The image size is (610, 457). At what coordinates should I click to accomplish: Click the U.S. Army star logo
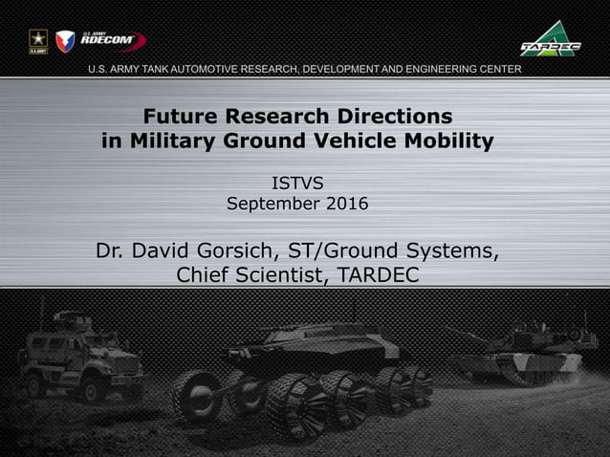tap(38, 41)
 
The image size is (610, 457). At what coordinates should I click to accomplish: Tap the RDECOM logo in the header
tap(112, 41)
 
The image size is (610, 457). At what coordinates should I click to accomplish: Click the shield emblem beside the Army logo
tap(65, 41)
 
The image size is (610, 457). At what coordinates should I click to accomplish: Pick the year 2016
tap(347, 204)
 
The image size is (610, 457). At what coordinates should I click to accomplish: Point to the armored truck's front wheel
tap(94, 387)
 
